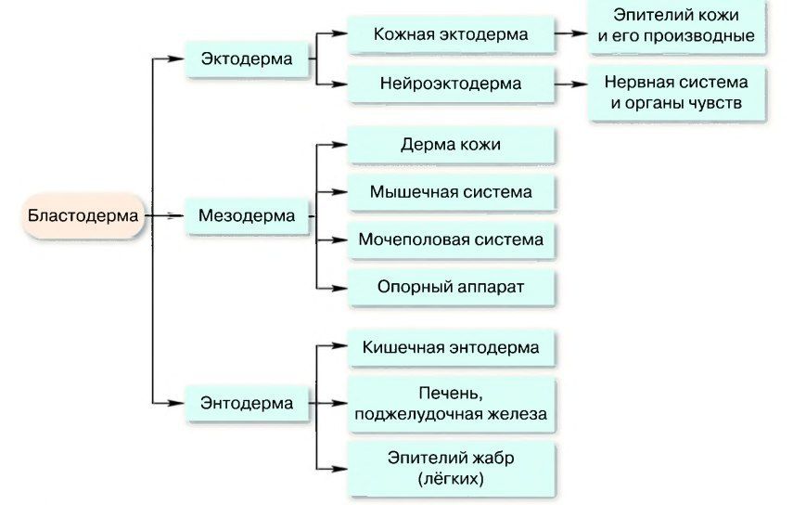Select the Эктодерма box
pyautogui.click(x=247, y=58)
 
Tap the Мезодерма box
pyautogui.click(x=247, y=216)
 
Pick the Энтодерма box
pyautogui.click(x=247, y=403)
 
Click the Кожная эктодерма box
pyautogui.click(x=451, y=34)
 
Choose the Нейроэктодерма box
pyautogui.click(x=451, y=83)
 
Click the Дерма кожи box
pyautogui.click(x=451, y=145)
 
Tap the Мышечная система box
pyautogui.click(x=451, y=192)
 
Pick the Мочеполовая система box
pyautogui.click(x=451, y=240)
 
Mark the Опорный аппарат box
pyautogui.click(x=451, y=287)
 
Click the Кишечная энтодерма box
pyautogui.click(x=451, y=348)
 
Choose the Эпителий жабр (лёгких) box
pyautogui.click(x=451, y=468)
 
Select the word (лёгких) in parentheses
pyautogui.click(x=451, y=479)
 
